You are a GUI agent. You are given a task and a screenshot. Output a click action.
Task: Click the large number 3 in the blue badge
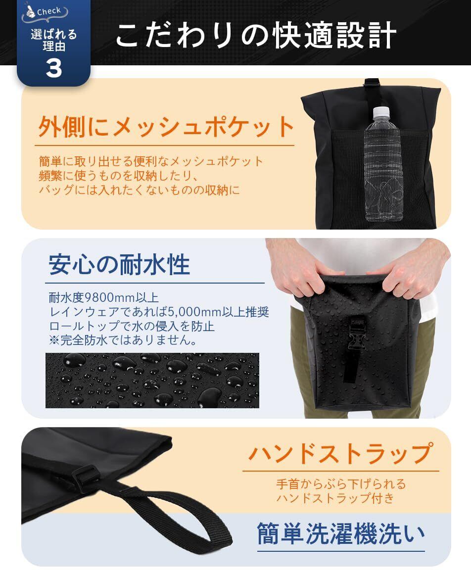point(53,68)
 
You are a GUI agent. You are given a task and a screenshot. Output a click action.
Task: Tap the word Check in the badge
point(48,11)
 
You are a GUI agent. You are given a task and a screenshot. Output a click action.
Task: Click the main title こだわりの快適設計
point(256,36)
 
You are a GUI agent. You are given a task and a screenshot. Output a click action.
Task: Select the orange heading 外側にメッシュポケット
point(166,127)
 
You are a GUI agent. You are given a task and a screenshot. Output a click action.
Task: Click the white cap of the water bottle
point(381,111)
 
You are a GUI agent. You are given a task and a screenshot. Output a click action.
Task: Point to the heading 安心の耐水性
point(119,264)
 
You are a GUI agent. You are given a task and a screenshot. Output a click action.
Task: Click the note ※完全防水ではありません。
point(123,339)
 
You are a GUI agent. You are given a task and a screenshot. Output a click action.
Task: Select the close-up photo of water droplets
point(152,381)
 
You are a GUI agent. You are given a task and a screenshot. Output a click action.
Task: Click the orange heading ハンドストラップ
point(340,453)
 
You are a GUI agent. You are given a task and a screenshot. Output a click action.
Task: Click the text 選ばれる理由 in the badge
point(53,40)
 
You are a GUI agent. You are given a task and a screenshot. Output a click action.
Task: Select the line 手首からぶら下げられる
point(341,483)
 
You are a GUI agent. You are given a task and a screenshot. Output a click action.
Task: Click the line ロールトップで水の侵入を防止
point(132,326)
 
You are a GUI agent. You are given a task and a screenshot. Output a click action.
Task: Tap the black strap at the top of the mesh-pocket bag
point(371,91)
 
